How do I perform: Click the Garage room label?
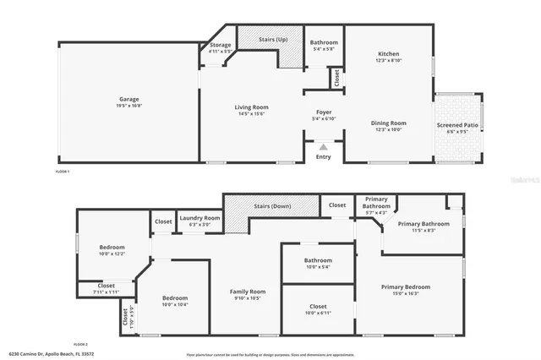click(128, 100)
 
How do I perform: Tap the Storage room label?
click(221, 45)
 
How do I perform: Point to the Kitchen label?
click(388, 55)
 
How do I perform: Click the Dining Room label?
click(388, 123)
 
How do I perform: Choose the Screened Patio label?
click(456, 125)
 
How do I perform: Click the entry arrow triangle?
click(324, 146)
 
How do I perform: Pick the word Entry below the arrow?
click(324, 156)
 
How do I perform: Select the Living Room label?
click(251, 107)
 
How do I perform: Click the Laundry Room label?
click(199, 218)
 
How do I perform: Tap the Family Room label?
click(248, 292)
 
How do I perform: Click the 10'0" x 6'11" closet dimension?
click(318, 313)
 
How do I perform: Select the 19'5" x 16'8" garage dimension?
click(128, 106)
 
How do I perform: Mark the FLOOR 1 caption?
click(63, 172)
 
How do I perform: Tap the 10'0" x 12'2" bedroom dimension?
click(112, 254)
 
